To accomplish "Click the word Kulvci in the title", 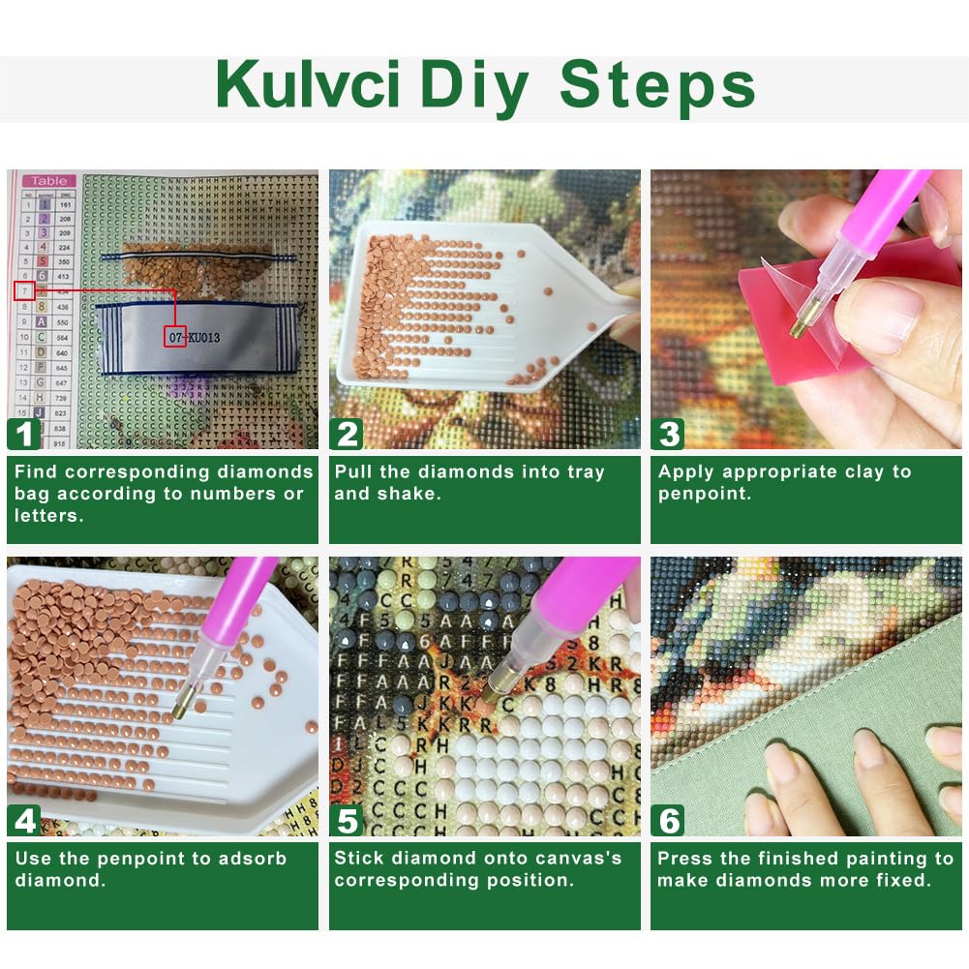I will (x=307, y=86).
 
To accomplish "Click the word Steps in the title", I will (x=657, y=86).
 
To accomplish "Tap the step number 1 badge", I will (x=24, y=433).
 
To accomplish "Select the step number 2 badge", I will (x=348, y=433).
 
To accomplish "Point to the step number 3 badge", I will (x=669, y=433).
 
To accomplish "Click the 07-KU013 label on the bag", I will (x=194, y=339).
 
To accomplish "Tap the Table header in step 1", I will (x=48, y=180).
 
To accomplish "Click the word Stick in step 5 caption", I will (x=357, y=859).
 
